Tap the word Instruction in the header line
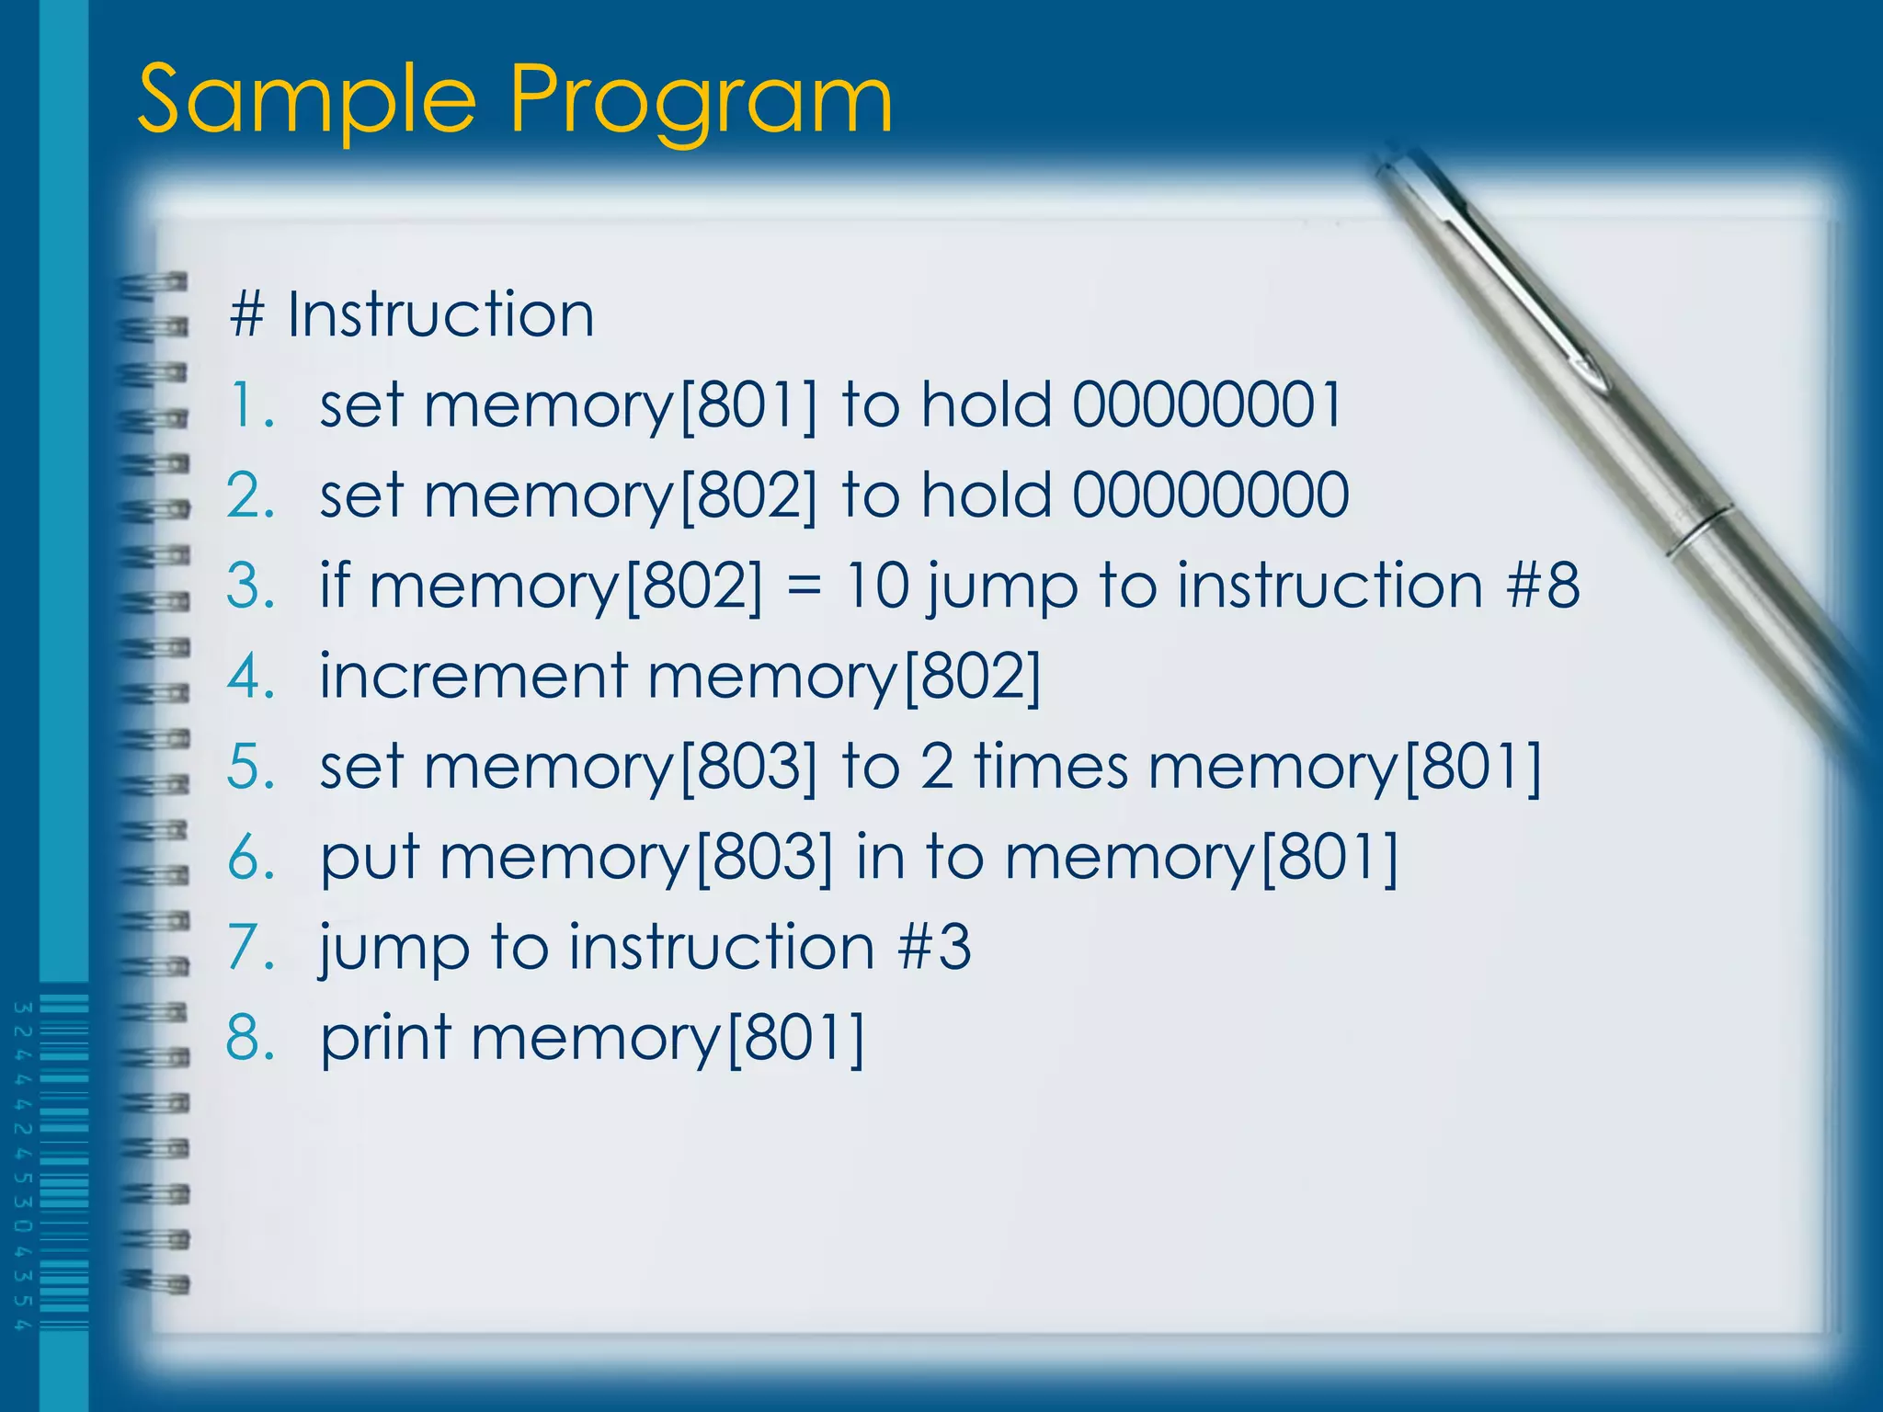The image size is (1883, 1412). (x=440, y=315)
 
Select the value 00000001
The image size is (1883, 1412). (x=1207, y=404)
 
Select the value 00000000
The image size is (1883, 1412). (x=1210, y=495)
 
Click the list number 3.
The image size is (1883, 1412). (x=249, y=586)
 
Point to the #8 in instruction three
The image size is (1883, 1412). (x=1543, y=586)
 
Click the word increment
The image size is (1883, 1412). (x=474, y=676)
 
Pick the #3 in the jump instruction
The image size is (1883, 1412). (x=934, y=947)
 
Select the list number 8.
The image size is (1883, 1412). (x=249, y=1038)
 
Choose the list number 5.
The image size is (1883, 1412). (x=249, y=766)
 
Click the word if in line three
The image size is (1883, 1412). (x=335, y=586)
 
